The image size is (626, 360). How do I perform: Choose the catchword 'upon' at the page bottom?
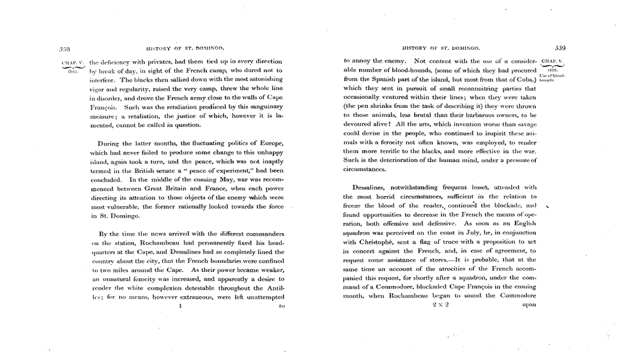pos(528,305)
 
